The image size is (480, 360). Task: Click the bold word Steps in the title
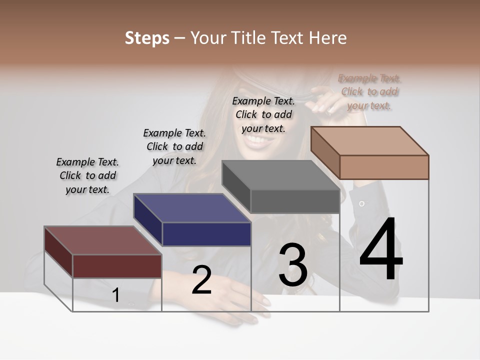point(147,38)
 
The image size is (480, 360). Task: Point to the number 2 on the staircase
point(202,280)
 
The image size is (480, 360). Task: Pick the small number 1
point(116,295)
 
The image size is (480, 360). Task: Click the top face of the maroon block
point(103,240)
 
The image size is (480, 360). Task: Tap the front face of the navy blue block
point(206,234)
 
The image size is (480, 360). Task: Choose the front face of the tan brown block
point(384,167)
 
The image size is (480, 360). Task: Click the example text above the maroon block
point(87,175)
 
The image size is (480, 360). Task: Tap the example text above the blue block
point(174,146)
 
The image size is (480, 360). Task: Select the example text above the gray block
point(263,114)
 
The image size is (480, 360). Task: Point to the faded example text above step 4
point(369,91)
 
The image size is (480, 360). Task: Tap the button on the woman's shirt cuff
point(361,203)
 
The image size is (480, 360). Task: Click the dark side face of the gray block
point(236,187)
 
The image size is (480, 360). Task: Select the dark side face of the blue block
point(148,220)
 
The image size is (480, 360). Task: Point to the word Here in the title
point(328,38)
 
